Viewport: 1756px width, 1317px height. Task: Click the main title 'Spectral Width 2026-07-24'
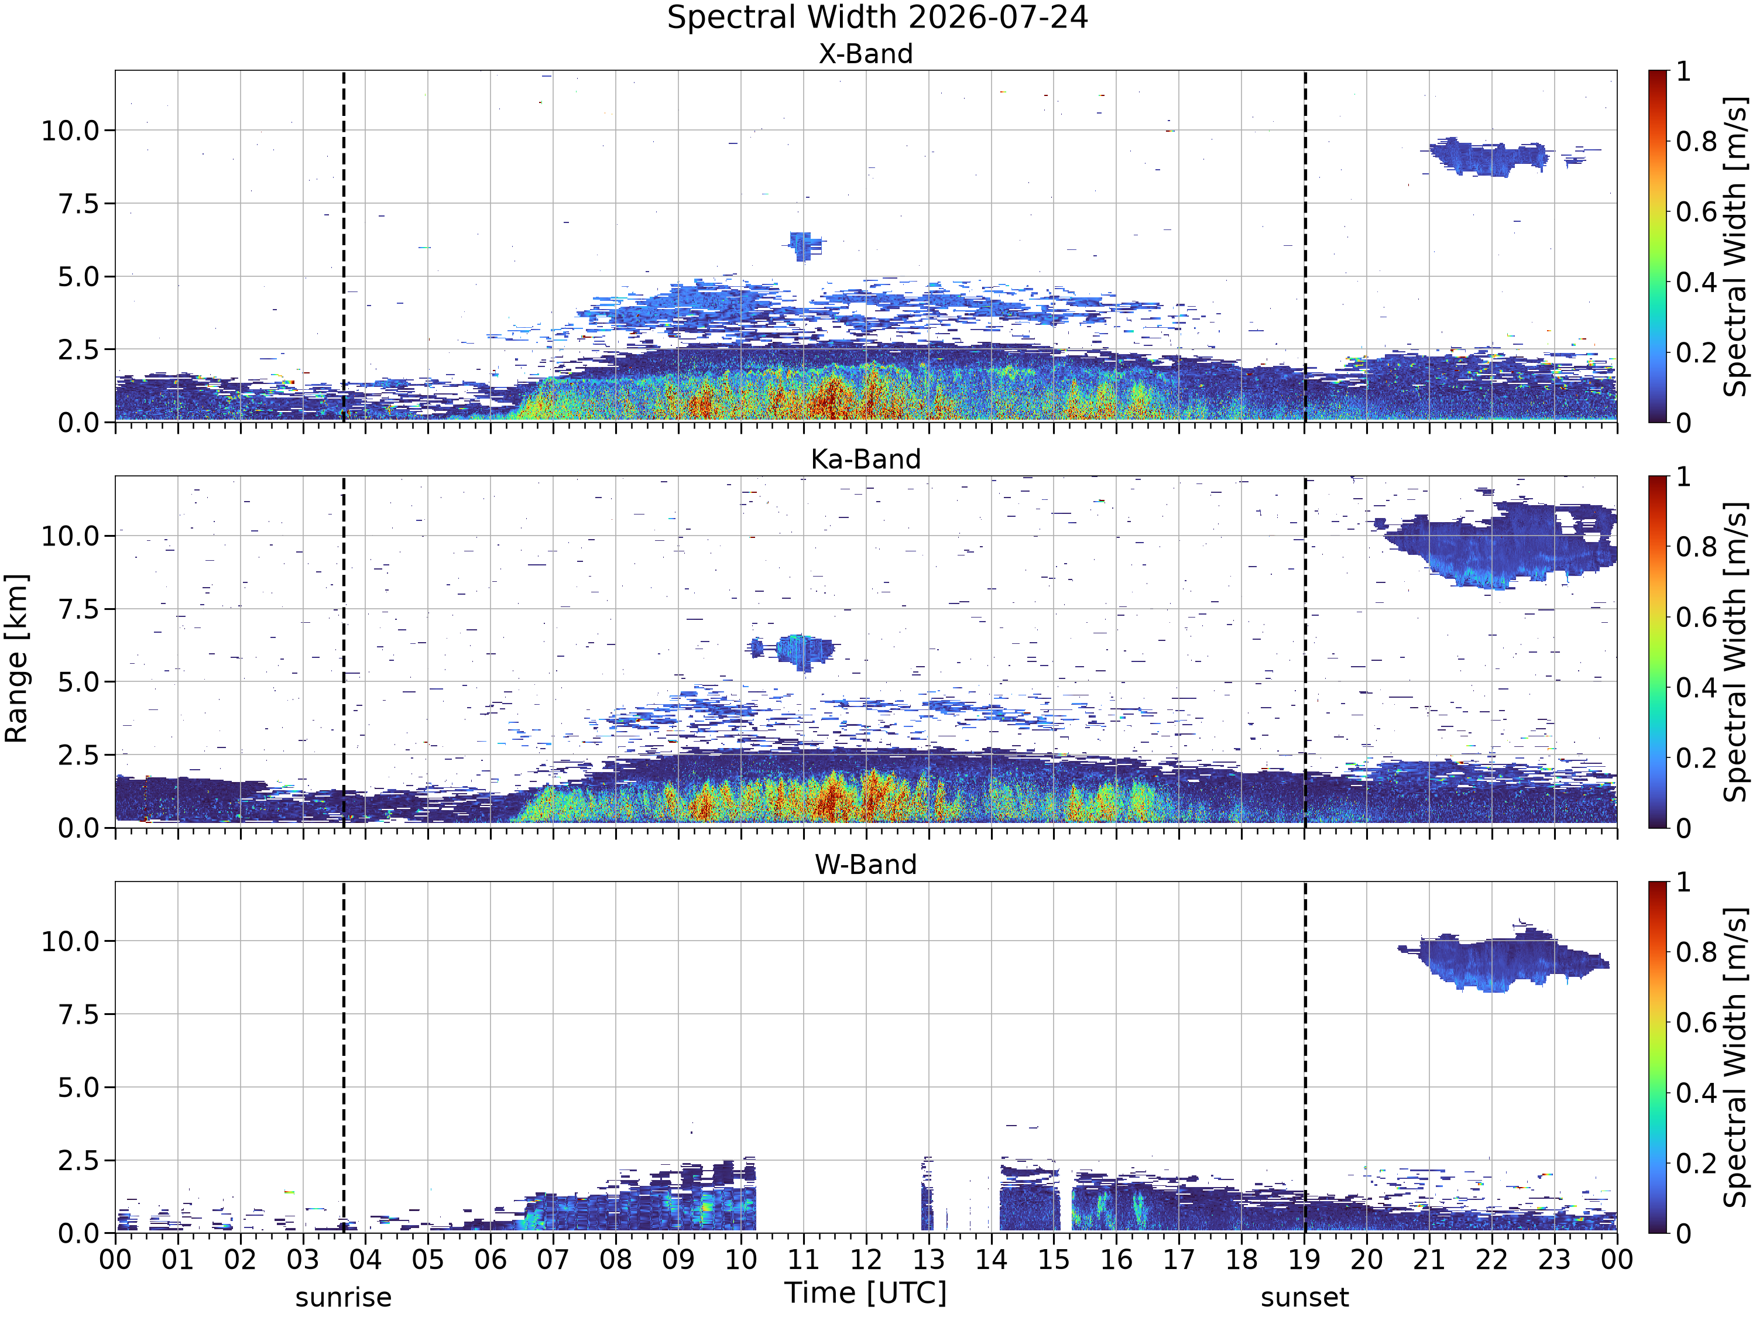[x=877, y=18]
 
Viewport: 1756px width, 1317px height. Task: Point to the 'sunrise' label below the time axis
[x=344, y=1297]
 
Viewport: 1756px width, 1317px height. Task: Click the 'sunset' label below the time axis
[x=1305, y=1297]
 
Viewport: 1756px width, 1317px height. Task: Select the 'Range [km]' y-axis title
[x=16, y=658]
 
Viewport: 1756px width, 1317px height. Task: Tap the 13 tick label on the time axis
[x=929, y=1260]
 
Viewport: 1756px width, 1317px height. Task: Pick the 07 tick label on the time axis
[x=553, y=1260]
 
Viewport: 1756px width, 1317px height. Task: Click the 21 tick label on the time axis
[x=1430, y=1260]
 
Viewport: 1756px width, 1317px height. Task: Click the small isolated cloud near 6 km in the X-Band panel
[x=805, y=246]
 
